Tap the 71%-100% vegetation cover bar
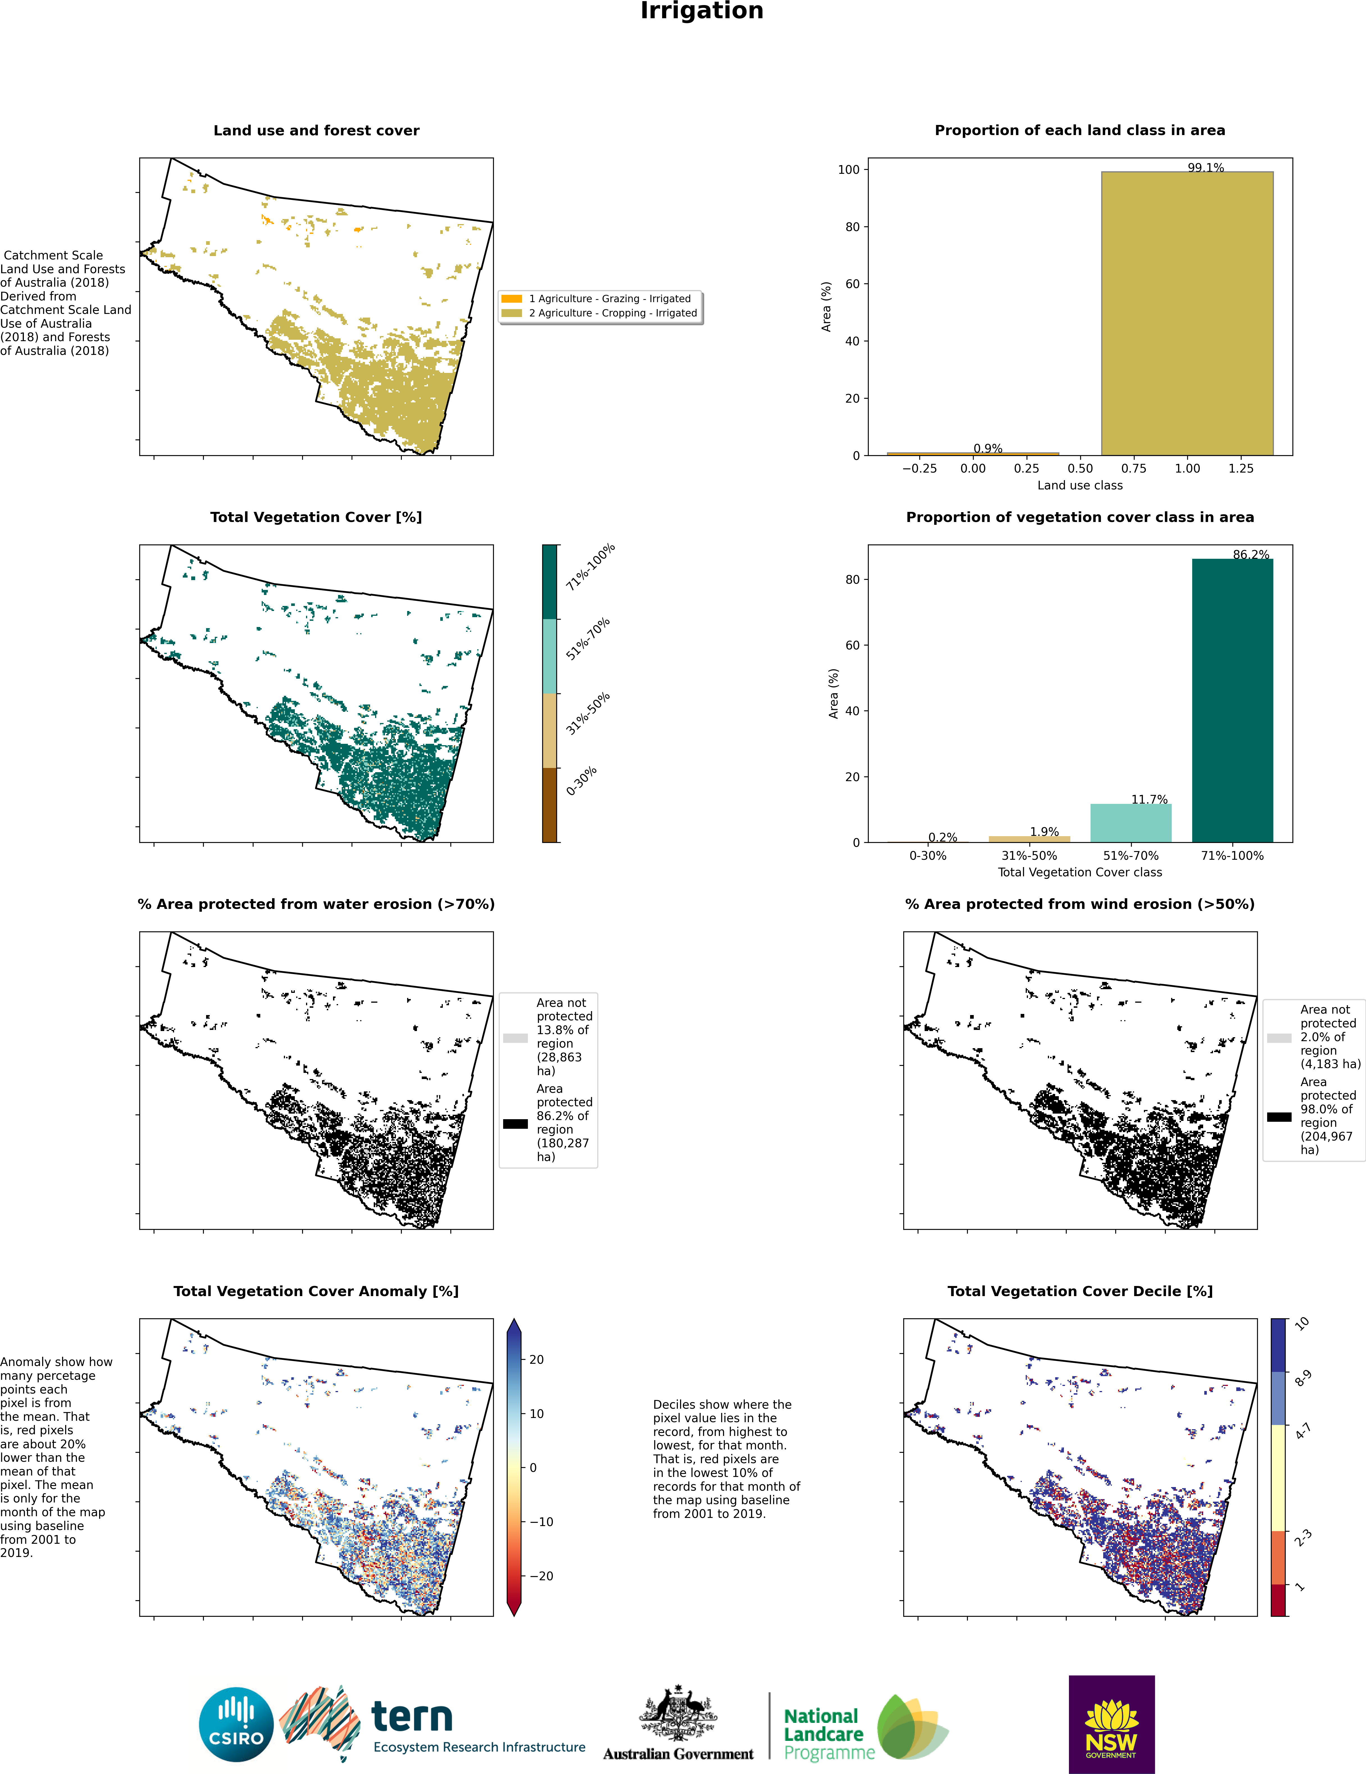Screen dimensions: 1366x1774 [x=1232, y=700]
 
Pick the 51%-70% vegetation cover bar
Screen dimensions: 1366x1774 [x=1130, y=823]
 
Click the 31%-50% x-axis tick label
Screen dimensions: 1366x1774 [x=1029, y=855]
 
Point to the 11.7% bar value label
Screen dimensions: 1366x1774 [x=1149, y=799]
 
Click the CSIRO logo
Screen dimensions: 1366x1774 [x=236, y=1724]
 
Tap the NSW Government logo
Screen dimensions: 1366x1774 [x=1111, y=1724]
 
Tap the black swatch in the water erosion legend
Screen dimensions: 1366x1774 [x=515, y=1123]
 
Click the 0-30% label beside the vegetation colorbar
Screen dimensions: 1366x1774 [x=581, y=781]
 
